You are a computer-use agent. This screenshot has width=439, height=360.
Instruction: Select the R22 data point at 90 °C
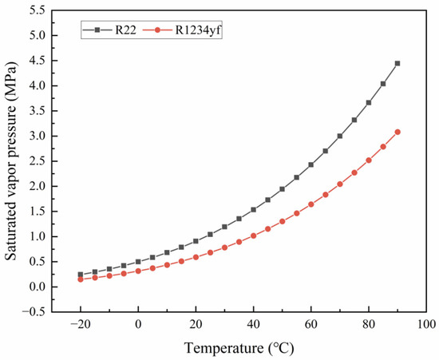point(397,63)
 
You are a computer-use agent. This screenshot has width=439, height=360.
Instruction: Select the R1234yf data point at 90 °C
point(397,132)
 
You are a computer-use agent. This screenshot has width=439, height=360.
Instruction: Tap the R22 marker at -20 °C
point(81,275)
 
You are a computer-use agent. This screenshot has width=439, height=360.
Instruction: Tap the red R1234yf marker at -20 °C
point(81,279)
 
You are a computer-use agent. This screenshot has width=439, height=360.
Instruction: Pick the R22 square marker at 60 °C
point(311,164)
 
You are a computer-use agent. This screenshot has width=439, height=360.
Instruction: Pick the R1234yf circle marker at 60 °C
point(311,204)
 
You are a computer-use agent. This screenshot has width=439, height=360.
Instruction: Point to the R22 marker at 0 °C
point(138,261)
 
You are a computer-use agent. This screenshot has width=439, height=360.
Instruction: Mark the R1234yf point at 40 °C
point(254,235)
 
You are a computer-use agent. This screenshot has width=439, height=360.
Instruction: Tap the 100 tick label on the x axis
point(426,324)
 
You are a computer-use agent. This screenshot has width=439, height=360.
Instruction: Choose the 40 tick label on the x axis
point(253,324)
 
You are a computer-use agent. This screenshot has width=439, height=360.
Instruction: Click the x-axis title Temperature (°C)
point(253,347)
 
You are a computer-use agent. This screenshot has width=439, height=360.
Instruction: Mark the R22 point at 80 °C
point(369,102)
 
